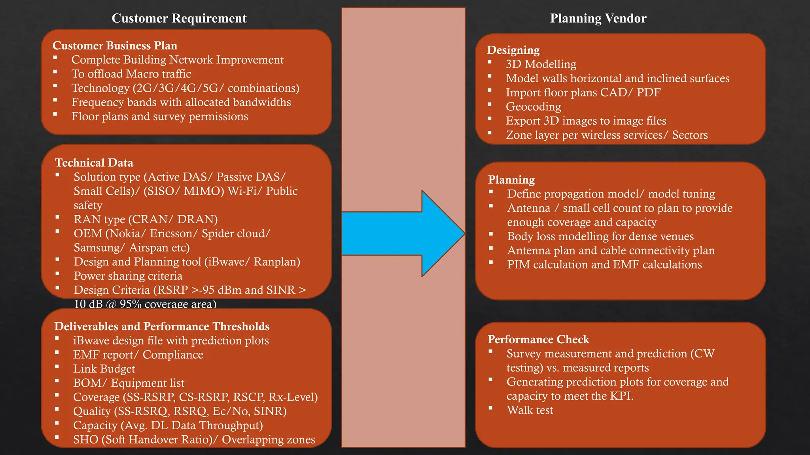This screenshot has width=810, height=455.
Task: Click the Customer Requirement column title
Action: pyautogui.click(x=179, y=18)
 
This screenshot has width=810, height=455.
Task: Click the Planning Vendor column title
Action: pyautogui.click(x=598, y=18)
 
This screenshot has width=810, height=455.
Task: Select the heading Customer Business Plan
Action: pyautogui.click(x=115, y=45)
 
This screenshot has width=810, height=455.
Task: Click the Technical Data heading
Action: pyautogui.click(x=94, y=163)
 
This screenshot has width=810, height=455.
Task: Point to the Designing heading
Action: pyautogui.click(x=513, y=50)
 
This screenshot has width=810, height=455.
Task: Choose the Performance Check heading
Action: pyautogui.click(x=538, y=339)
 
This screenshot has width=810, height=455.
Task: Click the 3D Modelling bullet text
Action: pyautogui.click(x=541, y=64)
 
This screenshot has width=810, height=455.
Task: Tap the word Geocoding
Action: pyautogui.click(x=533, y=107)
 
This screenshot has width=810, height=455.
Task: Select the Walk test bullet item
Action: pyautogui.click(x=530, y=410)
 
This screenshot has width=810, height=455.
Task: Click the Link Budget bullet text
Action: pyautogui.click(x=104, y=369)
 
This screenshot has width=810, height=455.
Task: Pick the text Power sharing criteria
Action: pyautogui.click(x=128, y=276)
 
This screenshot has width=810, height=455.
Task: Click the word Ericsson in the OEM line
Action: pyautogui.click(x=173, y=233)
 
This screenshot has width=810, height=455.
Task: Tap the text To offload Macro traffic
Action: pyautogui.click(x=131, y=74)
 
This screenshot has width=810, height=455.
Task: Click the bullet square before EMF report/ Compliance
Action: pyautogui.click(x=57, y=352)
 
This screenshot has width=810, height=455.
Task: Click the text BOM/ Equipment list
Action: pyautogui.click(x=129, y=383)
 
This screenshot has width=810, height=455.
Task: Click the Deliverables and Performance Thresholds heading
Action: pyautogui.click(x=162, y=326)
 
